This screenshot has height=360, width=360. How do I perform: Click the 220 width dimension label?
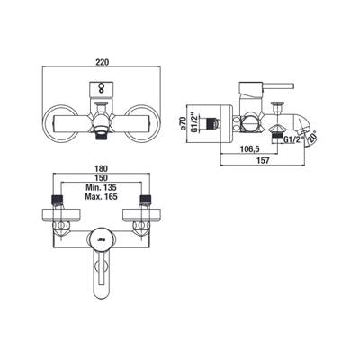coord(102,62)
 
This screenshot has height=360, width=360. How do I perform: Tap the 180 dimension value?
coord(102,169)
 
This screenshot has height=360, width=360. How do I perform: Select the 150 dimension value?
coord(102,178)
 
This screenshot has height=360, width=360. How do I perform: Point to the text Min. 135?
coord(101,188)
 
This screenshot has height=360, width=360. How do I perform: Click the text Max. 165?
coord(101,197)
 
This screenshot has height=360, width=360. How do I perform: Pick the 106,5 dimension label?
coord(249,148)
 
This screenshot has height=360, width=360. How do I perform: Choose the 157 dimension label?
coord(264,160)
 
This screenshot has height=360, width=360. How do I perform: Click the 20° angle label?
coord(313,136)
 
